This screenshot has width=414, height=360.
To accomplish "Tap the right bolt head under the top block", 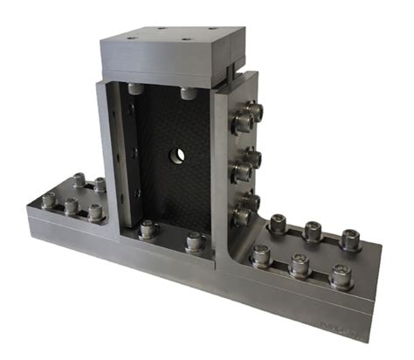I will [187, 93].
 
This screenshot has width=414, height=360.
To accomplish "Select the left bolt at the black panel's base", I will [147, 231].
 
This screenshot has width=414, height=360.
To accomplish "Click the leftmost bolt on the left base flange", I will [49, 200].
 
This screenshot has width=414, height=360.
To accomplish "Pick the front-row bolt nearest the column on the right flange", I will [259, 254].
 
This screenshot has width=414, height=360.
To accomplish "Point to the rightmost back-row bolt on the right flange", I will [350, 238].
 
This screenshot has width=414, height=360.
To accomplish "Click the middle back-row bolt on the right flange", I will [312, 230].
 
